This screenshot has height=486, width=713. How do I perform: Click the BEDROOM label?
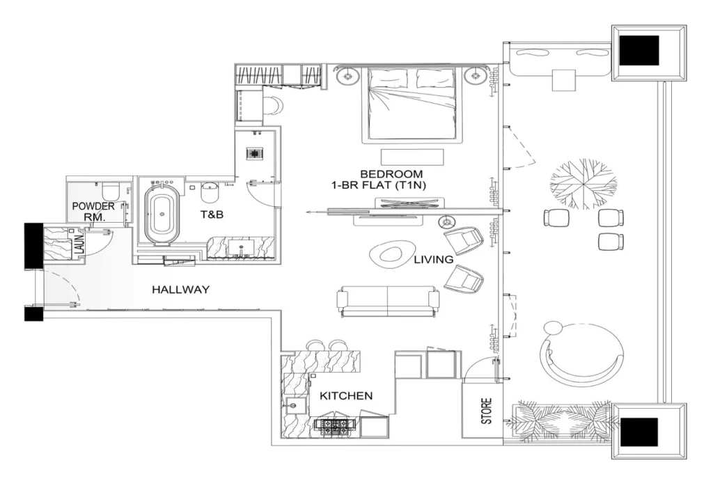coord(391,173)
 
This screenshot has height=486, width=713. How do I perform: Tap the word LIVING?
coord(433,260)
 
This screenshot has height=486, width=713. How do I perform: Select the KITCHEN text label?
coord(346,395)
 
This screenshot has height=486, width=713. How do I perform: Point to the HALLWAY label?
coord(180,290)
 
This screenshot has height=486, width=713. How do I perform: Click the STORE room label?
coord(487,411)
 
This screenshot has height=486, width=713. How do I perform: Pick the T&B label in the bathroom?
coord(212,215)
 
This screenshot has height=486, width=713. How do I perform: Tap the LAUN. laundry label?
coord(79,244)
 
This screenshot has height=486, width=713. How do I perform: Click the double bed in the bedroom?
coord(412,104)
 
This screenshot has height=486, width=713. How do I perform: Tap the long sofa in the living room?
coord(388,299)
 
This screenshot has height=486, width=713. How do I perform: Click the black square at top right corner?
coord(640,51)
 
